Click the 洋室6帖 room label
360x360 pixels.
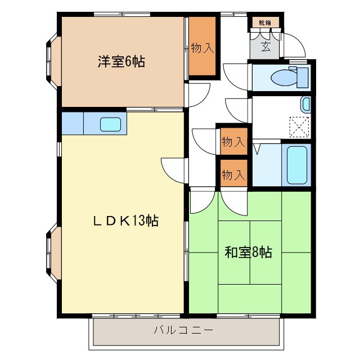121,62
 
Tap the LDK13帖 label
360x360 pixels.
125,220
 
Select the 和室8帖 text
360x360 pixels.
249,253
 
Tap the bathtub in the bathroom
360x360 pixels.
296,164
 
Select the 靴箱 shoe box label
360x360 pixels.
264,23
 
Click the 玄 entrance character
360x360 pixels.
265,47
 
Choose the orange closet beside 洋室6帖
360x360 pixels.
202,47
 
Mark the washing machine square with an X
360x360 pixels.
299,125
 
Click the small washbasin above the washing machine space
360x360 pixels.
305,104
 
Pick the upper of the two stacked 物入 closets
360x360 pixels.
233,142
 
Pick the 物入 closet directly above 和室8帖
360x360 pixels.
233,174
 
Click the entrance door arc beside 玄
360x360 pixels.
293,45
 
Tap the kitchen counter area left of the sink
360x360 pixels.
72,124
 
